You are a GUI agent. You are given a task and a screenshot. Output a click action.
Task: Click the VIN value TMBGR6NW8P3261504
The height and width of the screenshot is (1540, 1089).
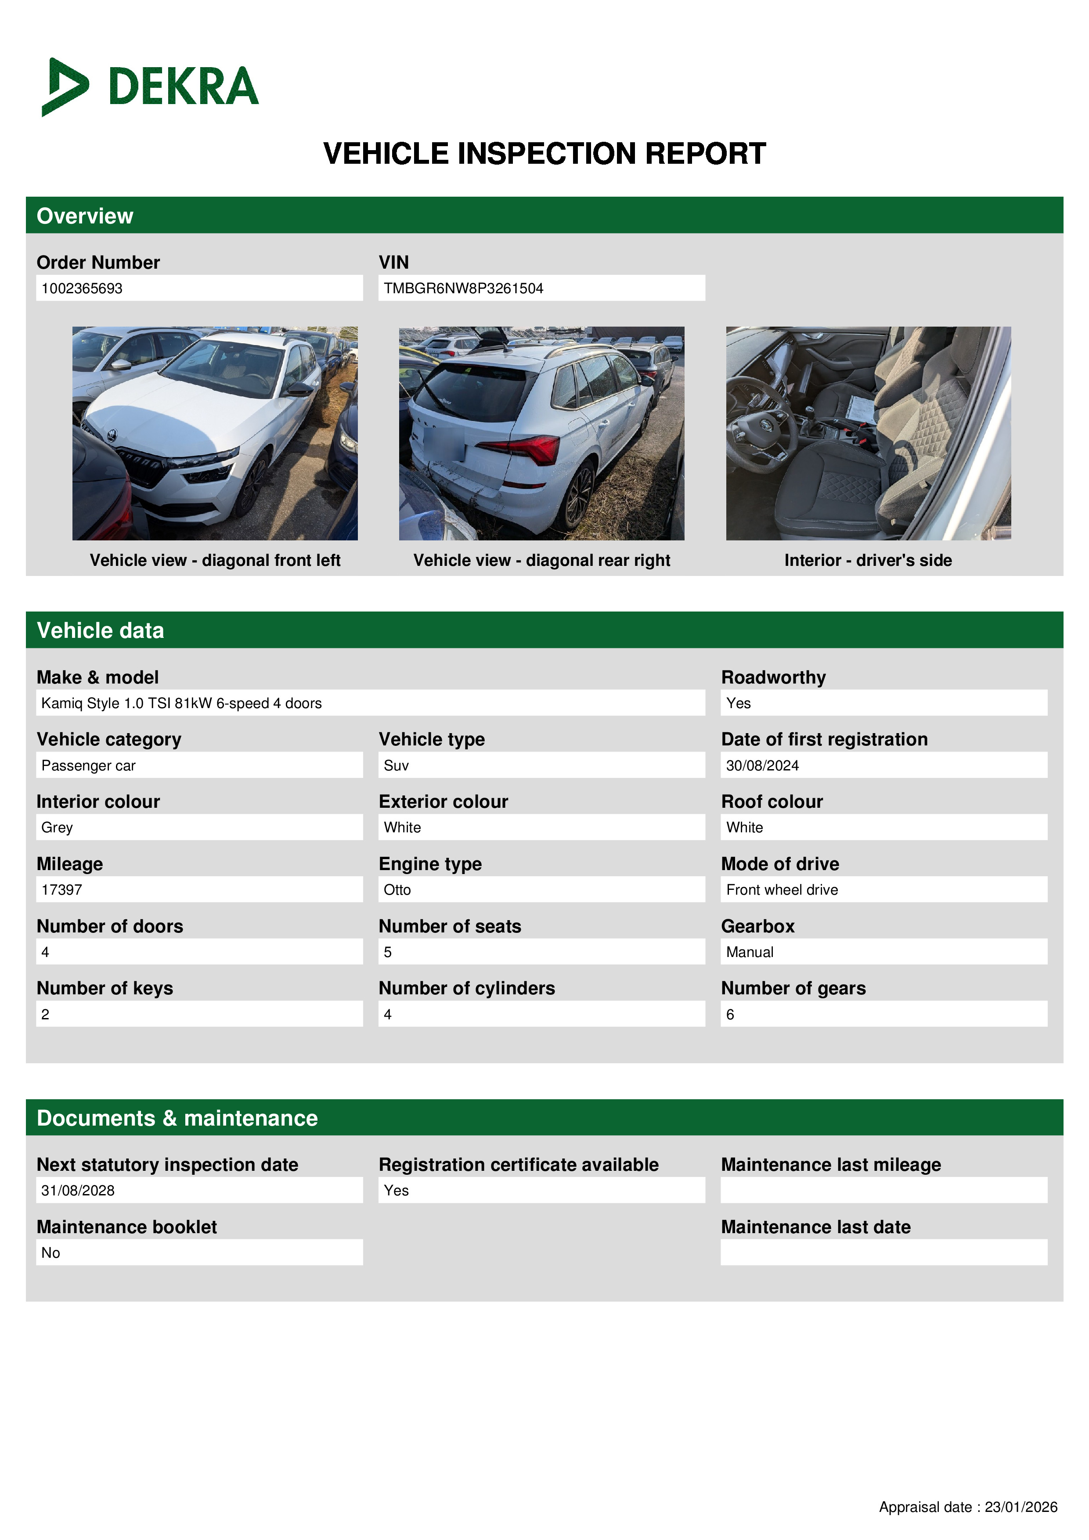463,288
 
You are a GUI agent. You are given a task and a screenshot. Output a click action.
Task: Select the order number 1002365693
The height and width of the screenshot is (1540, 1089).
82,288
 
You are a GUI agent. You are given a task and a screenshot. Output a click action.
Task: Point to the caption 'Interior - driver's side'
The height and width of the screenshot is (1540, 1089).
868,560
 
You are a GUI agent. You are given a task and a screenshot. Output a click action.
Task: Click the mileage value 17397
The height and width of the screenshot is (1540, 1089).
62,889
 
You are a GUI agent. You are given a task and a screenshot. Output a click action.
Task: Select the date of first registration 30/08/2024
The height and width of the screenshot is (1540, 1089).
762,765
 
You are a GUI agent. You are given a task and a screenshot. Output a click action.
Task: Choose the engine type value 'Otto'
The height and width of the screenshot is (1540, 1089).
397,889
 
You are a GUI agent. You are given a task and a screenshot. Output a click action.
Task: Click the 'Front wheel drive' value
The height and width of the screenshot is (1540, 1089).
782,889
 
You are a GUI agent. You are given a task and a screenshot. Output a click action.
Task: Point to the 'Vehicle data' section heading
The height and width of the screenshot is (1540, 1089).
101,630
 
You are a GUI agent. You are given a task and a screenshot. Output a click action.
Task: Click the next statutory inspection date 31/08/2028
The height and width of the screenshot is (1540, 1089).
78,1191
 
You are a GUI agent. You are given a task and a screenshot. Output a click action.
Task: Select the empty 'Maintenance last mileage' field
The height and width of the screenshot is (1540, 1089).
883,1191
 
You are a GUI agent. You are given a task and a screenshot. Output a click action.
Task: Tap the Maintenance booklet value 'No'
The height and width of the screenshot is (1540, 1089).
51,1253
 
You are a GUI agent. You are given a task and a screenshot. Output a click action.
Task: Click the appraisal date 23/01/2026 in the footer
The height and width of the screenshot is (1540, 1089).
1020,1507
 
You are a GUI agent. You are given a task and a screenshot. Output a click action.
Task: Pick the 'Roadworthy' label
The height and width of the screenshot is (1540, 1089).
773,677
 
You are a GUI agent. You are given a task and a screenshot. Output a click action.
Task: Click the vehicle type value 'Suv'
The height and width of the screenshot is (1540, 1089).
397,765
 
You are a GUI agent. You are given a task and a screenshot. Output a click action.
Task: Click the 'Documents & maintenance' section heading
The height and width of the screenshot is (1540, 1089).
177,1118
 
